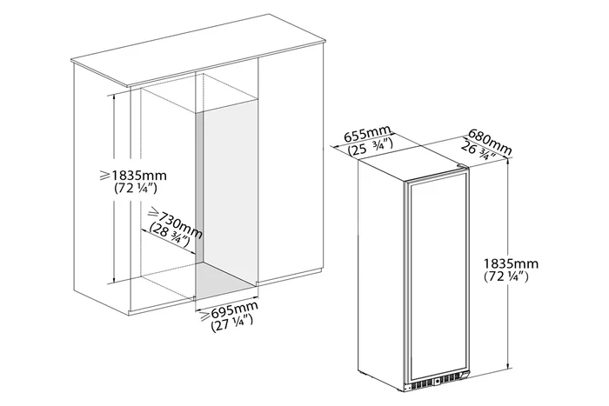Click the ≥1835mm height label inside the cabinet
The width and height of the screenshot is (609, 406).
coord(133,176)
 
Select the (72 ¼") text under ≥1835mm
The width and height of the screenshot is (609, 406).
coord(136,189)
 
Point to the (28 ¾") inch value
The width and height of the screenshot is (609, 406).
coord(170,236)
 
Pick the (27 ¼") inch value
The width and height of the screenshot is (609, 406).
coord(232,323)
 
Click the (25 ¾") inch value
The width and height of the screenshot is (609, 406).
coord(371,147)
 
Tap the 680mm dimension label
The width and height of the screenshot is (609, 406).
coord(490,140)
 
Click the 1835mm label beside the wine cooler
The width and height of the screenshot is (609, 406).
coord(511,264)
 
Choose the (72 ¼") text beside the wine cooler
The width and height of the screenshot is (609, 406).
coord(506,276)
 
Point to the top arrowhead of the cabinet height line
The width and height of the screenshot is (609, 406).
coord(113,97)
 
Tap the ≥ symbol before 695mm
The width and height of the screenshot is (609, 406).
coord(204,316)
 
